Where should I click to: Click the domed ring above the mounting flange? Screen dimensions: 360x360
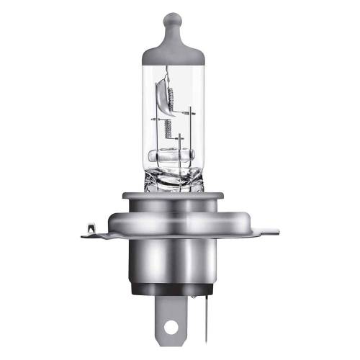pos(177,213)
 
